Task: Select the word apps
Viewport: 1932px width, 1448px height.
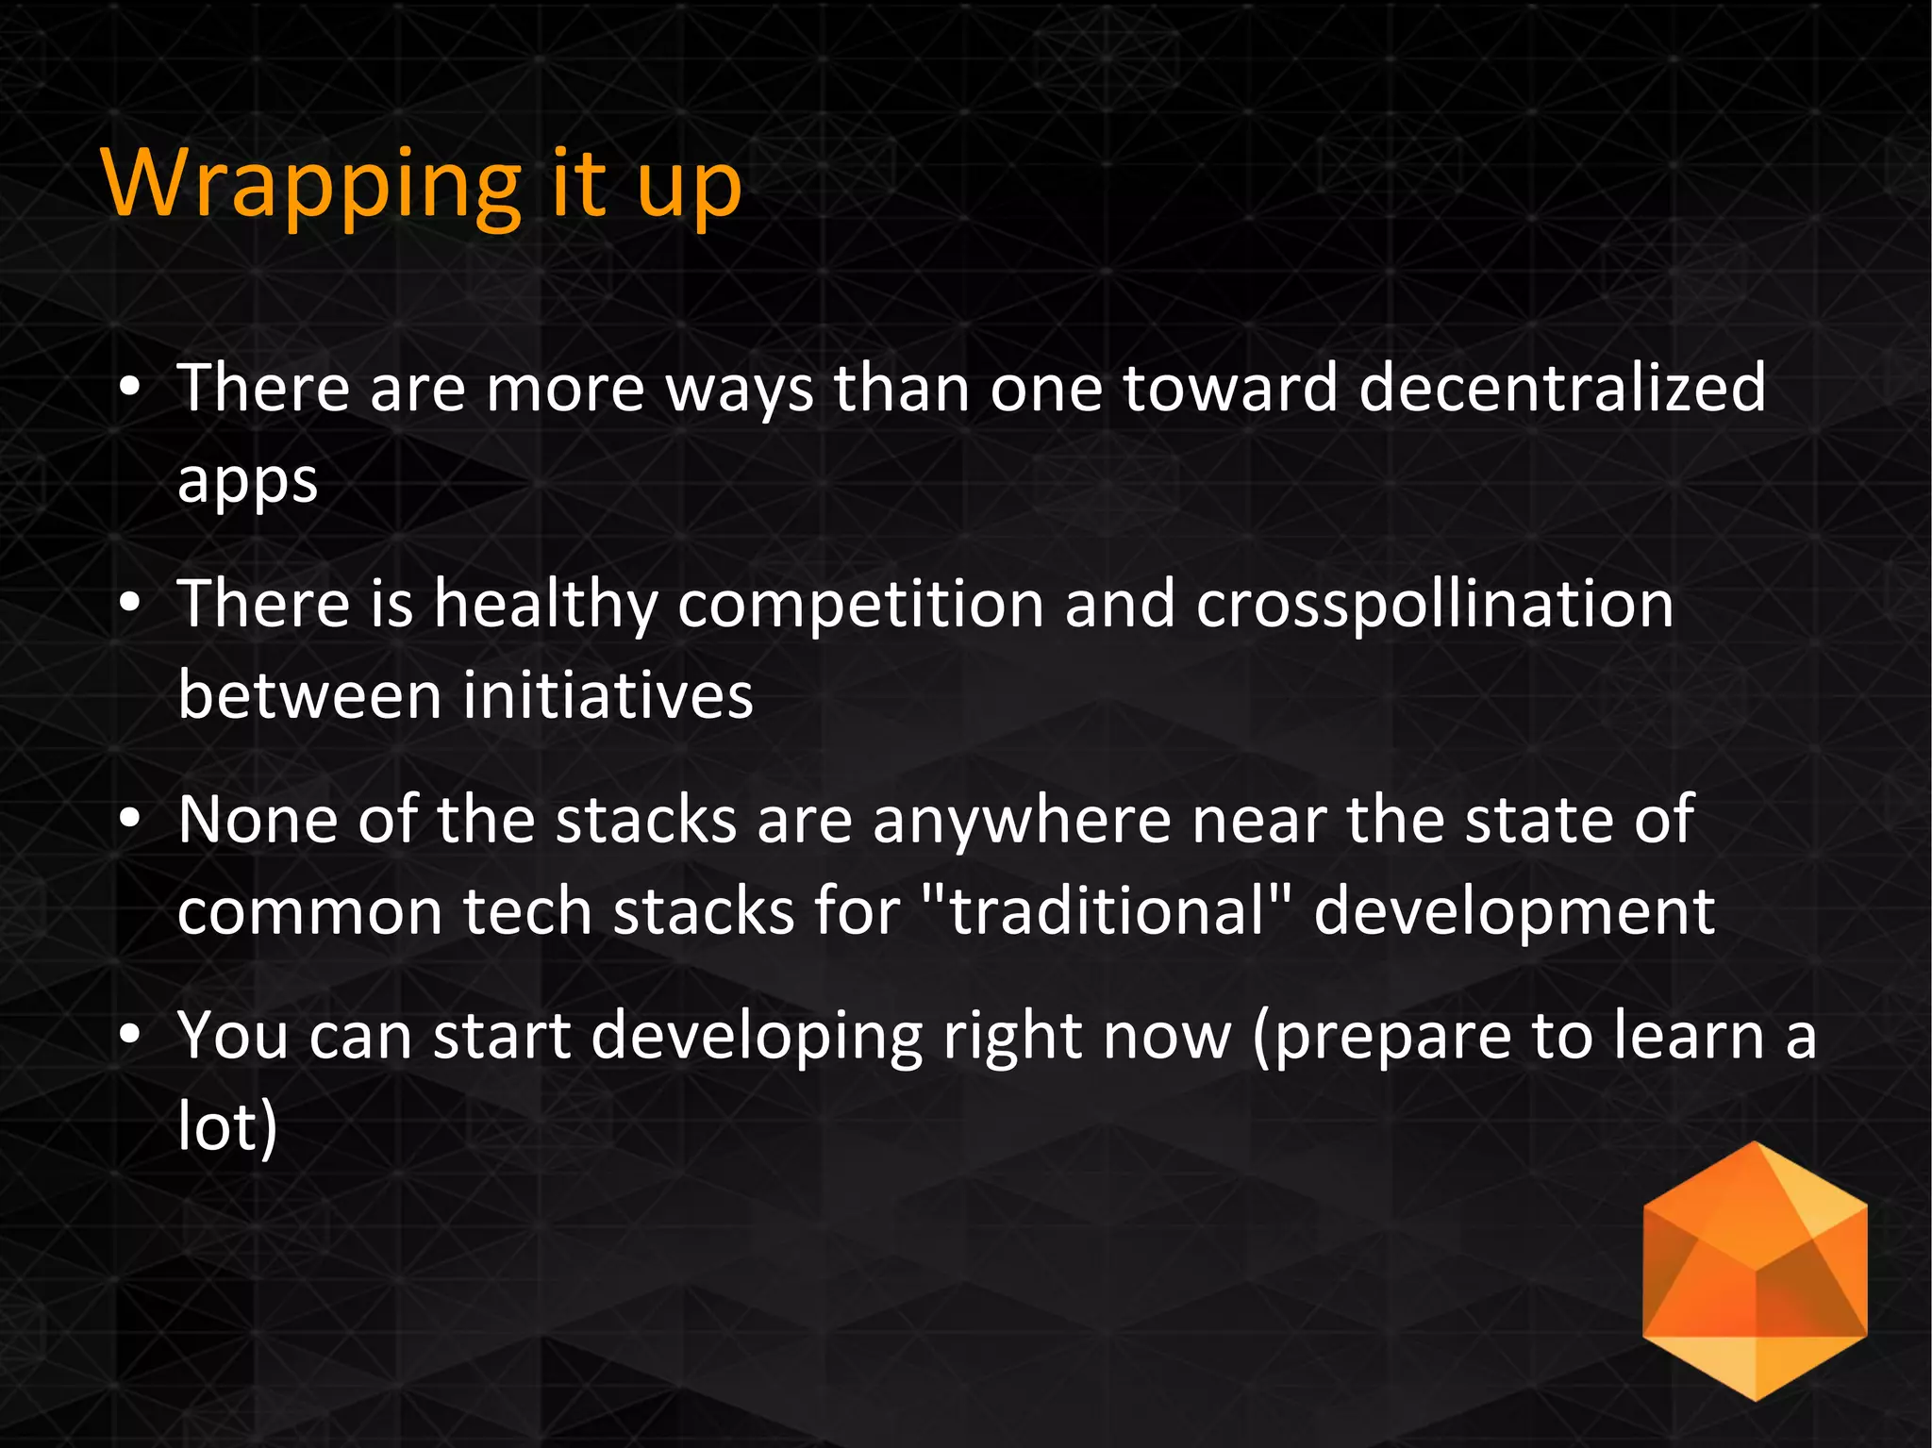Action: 247,481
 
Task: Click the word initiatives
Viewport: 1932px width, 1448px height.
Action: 608,695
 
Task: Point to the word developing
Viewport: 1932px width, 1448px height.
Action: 757,1036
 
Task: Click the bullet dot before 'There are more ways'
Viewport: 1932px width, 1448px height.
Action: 130,388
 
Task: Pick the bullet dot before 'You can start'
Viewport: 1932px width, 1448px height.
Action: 130,1036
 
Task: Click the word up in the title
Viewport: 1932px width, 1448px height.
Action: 689,187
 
